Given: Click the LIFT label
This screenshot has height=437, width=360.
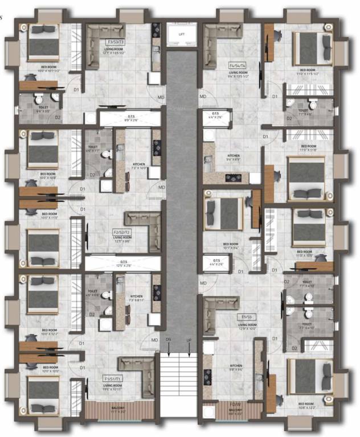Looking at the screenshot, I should pos(182,35).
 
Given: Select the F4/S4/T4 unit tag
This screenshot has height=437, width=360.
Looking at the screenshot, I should pos(238,65).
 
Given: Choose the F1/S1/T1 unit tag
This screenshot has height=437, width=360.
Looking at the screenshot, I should pos(112,378).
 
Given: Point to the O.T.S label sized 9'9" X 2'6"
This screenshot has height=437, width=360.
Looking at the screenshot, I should pos(127,116).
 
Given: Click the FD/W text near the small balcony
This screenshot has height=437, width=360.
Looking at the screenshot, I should pos(236,404).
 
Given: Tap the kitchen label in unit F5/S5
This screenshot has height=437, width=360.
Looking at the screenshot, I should pos(236,366).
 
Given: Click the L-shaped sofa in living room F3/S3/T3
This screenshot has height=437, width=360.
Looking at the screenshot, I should pos(102,40).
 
